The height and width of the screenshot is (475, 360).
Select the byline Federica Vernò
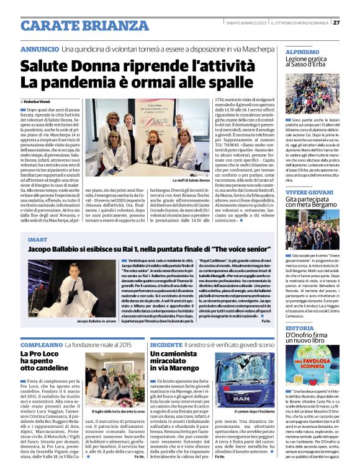click(x=39, y=100)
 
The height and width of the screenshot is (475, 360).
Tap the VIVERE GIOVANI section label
click(x=310, y=192)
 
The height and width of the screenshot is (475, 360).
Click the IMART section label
click(x=37, y=238)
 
